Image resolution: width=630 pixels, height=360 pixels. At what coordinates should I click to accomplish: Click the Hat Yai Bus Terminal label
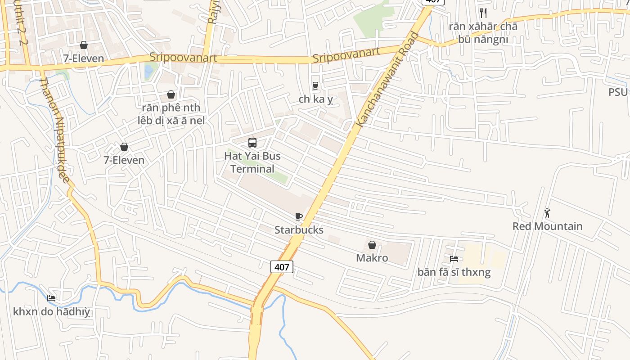pos(252,162)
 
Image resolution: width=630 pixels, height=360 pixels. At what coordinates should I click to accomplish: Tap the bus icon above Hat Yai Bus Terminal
pos(252,143)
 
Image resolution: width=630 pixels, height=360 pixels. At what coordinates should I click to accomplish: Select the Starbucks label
pos(299,229)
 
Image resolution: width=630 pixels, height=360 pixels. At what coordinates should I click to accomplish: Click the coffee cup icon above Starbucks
pos(298,216)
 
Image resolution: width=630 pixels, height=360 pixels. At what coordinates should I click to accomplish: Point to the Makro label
pos(372,258)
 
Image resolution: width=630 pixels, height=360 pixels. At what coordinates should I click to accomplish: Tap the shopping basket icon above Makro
pos(372,245)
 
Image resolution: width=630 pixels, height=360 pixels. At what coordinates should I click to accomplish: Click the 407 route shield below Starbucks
pos(282,267)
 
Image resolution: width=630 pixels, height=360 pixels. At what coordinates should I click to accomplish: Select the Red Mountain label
pos(547,226)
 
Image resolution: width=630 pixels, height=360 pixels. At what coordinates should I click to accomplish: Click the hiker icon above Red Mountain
pos(547,212)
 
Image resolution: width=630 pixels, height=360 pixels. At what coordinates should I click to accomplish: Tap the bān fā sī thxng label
pos(454,272)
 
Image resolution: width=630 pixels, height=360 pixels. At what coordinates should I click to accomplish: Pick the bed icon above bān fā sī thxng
pos(454,259)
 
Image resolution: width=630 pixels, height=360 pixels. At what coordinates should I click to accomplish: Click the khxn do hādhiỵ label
pos(52,311)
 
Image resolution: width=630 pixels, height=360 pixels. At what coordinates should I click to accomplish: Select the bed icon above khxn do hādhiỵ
pos(51,298)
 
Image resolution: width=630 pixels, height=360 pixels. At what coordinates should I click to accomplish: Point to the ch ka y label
pos(316,99)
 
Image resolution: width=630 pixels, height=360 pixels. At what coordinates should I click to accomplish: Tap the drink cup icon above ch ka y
pos(315,85)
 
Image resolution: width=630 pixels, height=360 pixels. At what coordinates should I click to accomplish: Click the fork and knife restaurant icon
pos(483,13)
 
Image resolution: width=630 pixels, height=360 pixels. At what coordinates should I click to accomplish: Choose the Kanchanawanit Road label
pos(387,80)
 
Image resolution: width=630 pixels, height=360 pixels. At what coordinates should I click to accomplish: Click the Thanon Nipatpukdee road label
pos(56,130)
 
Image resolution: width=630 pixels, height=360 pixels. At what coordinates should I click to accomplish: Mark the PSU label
pos(617,92)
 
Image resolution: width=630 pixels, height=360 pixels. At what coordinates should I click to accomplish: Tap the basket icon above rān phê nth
pos(171,94)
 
